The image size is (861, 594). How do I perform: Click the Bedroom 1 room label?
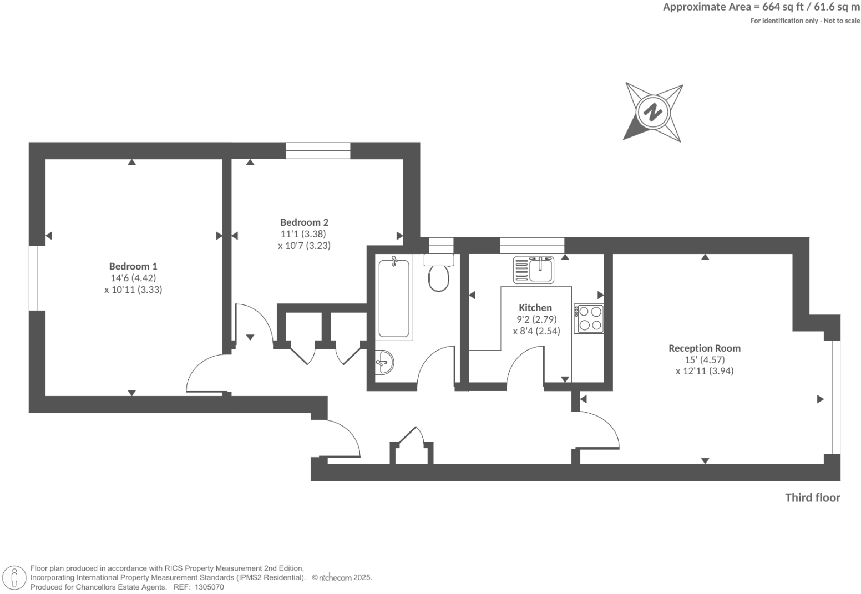[x=133, y=266]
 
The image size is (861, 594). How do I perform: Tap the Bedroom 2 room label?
[x=304, y=222]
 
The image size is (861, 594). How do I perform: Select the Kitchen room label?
[x=535, y=308]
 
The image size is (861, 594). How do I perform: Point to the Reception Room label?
[x=704, y=348]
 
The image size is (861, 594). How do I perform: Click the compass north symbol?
[x=653, y=113]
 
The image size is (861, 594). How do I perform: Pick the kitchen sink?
[x=534, y=270]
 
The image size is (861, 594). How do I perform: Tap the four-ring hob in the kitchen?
[x=589, y=318]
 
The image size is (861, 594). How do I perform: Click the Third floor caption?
[x=812, y=497]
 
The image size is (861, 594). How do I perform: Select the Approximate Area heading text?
[x=761, y=7]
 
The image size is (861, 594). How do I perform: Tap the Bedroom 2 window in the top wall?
[x=318, y=151]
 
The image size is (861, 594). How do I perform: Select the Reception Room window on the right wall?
[x=832, y=397]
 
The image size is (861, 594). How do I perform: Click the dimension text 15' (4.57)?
[x=704, y=360]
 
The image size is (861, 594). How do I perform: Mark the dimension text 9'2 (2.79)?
[x=536, y=319]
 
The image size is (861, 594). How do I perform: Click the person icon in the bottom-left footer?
[x=14, y=578]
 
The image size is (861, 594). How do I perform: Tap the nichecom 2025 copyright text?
[x=342, y=577]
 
